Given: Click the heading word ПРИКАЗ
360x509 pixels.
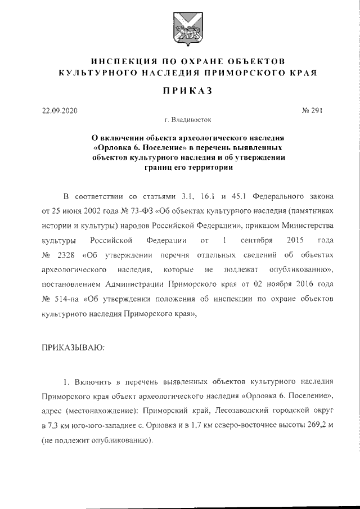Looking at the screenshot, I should pyautogui.click(x=185, y=90).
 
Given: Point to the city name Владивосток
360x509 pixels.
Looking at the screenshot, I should pyautogui.click(x=190, y=120).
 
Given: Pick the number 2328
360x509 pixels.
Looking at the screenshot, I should pyautogui.click(x=66, y=256).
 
